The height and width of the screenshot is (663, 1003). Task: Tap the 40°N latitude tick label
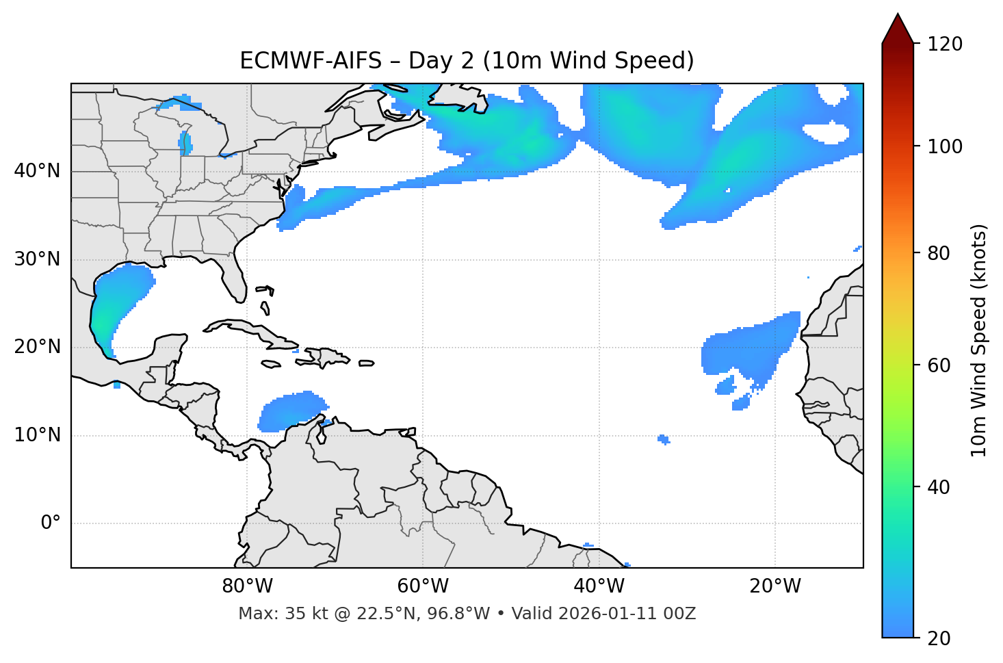coord(37,171)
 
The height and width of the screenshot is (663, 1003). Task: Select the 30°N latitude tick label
coord(37,259)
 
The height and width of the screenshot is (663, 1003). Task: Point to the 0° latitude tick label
coord(51,523)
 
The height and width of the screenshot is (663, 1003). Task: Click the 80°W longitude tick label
coord(247,586)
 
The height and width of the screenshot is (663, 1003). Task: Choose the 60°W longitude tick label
coord(423,586)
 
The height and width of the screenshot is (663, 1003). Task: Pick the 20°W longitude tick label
coord(775,586)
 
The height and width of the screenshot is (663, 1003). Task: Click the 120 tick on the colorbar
coord(945,44)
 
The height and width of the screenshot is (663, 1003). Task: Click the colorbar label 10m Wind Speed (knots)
coord(979,340)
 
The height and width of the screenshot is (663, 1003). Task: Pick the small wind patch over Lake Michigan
coord(185,144)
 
